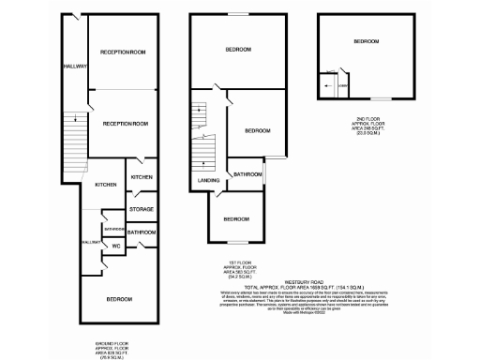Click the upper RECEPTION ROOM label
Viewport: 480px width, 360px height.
[125, 52]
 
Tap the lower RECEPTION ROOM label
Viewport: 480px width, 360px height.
[126, 124]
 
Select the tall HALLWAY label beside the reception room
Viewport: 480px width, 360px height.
[75, 67]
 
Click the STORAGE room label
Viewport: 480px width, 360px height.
[142, 209]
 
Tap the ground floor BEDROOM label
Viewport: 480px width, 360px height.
[118, 299]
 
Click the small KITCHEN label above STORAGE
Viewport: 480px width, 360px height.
[142, 176]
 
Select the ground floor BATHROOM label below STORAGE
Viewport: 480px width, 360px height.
[142, 232]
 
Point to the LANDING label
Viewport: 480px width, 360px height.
[208, 180]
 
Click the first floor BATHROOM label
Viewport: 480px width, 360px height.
[247, 174]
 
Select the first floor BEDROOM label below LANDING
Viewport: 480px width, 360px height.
[236, 218]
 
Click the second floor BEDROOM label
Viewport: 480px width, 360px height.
[366, 42]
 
